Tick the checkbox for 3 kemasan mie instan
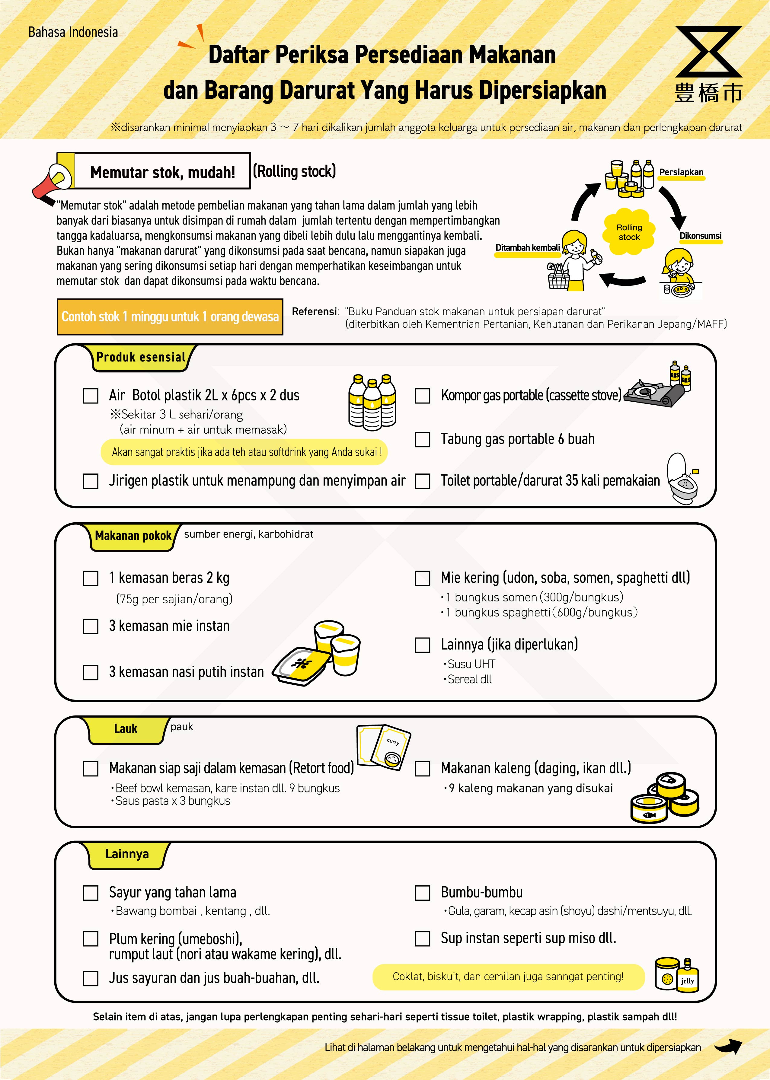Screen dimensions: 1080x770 [91, 626]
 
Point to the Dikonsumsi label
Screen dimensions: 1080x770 [700, 236]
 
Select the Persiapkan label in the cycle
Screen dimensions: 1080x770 [681, 172]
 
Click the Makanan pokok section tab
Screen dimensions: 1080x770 [133, 536]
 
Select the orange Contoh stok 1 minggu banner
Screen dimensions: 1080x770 [170, 317]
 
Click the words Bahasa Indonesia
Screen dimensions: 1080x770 [73, 32]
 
